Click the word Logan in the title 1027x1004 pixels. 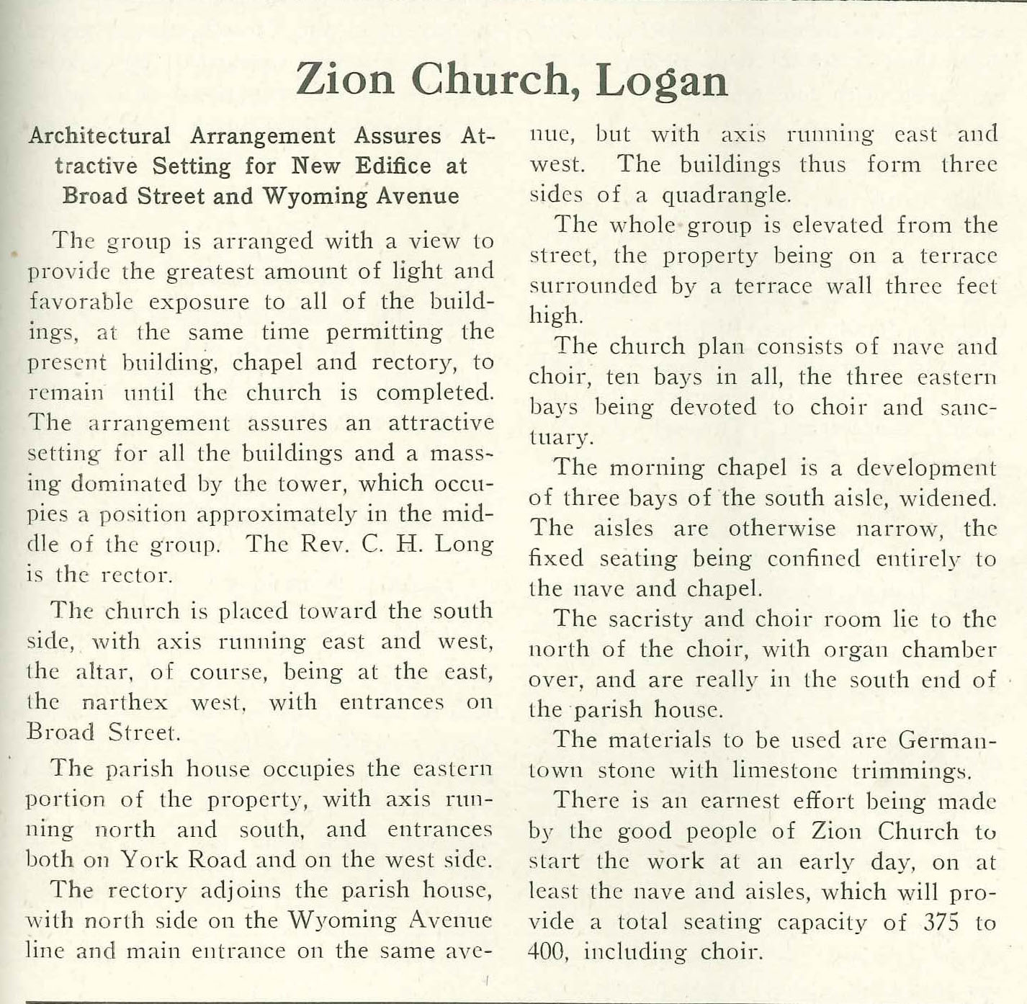coord(662,80)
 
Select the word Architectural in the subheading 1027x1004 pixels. coord(99,136)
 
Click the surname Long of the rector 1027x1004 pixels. coord(467,544)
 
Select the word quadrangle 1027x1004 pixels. coord(725,195)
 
